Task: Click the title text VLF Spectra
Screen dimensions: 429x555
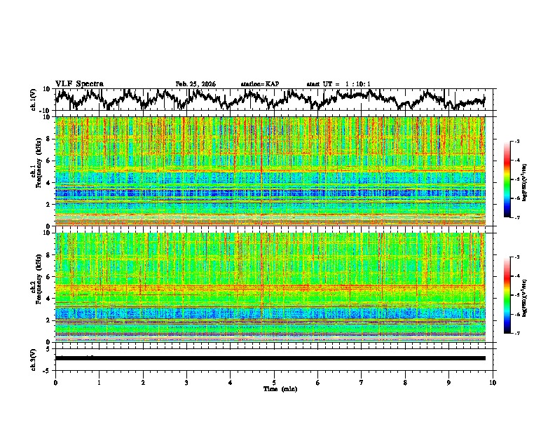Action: tap(79, 84)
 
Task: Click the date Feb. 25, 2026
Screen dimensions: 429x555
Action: tap(196, 84)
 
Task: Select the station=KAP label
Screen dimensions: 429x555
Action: tap(260, 84)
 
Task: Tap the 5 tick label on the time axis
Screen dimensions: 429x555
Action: tap(275, 383)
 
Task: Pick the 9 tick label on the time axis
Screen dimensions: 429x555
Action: tap(449, 383)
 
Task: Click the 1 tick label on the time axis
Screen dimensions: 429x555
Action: tap(100, 383)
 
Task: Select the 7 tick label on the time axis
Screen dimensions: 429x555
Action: tap(362, 383)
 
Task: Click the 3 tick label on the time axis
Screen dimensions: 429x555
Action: tap(186, 383)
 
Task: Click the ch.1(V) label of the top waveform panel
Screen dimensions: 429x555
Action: tap(34, 100)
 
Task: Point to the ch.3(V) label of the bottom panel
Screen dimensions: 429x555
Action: tap(34, 358)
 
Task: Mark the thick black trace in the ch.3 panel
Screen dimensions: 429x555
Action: tap(270, 358)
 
